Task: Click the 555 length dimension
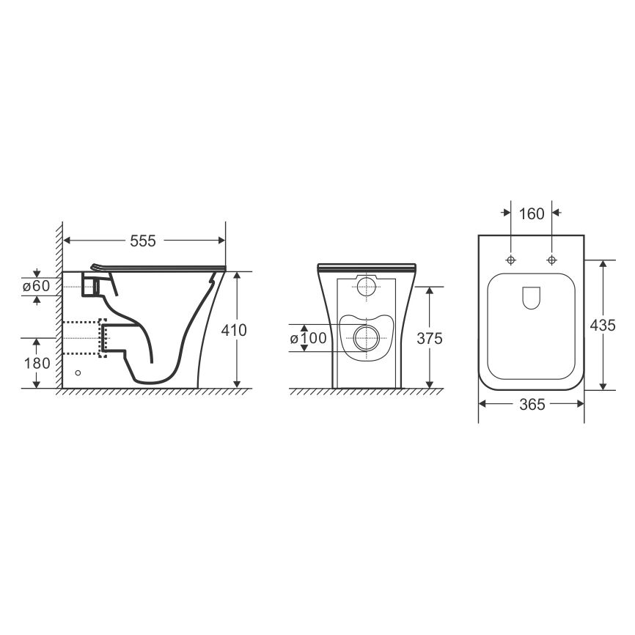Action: (x=142, y=241)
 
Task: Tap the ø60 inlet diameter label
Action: (x=37, y=286)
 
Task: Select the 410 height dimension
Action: (x=234, y=331)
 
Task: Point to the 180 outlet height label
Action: (x=37, y=363)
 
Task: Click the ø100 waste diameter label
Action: (x=308, y=338)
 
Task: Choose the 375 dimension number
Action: (x=430, y=338)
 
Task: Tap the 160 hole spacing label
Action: (x=532, y=214)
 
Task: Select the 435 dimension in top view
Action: (x=603, y=325)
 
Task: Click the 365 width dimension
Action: (x=532, y=404)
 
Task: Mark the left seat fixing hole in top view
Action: (x=511, y=260)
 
